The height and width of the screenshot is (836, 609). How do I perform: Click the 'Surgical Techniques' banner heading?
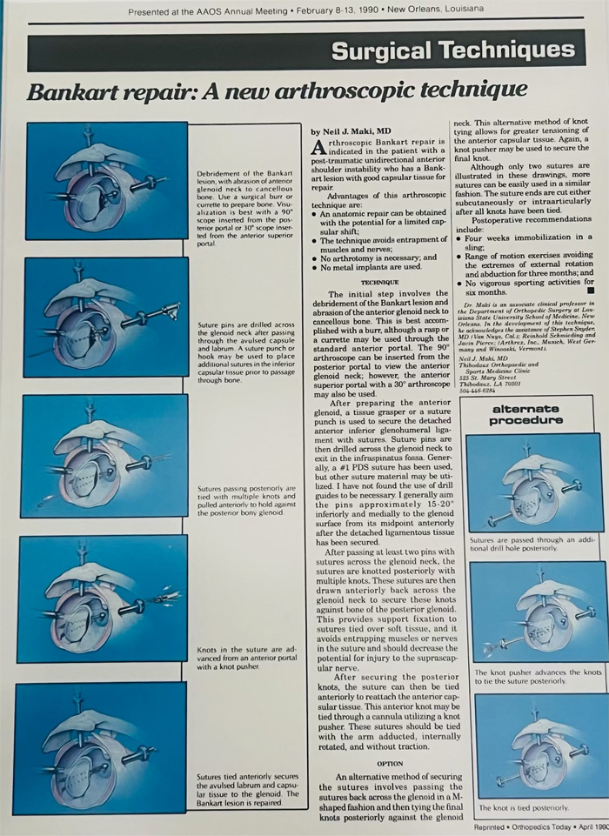452,51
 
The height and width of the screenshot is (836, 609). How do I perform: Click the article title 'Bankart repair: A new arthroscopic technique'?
277,91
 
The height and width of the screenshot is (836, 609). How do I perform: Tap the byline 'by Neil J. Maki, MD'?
351,130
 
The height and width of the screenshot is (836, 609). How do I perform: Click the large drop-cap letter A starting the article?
319,149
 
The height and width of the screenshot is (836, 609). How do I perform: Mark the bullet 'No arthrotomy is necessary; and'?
378,257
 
